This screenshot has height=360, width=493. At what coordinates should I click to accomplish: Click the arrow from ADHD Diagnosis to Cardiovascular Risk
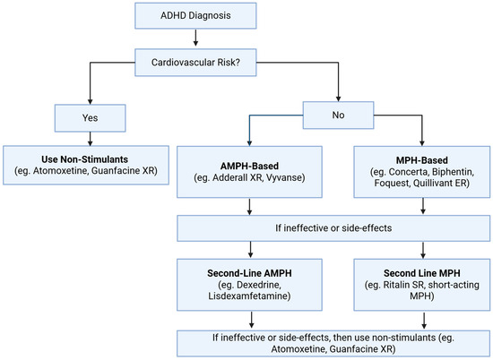click(195, 39)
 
